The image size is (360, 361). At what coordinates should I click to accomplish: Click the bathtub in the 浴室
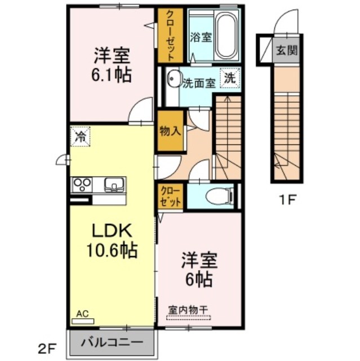point(226,36)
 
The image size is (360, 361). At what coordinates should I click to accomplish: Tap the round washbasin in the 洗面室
point(174,78)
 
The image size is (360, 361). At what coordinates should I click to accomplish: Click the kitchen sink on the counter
point(114,184)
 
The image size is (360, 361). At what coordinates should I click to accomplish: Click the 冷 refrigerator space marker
point(80,136)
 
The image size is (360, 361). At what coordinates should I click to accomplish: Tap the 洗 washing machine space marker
point(230,78)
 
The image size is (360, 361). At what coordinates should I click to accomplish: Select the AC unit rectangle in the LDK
point(83,321)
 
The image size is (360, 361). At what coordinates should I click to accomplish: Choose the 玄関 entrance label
point(287,50)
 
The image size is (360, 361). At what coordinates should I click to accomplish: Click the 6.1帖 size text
point(111,74)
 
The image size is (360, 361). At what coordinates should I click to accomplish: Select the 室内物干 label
point(188,310)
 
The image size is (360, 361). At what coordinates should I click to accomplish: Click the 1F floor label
point(287,200)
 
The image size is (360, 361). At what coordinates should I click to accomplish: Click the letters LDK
point(112,231)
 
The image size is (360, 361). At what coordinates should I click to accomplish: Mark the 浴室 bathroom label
point(201,37)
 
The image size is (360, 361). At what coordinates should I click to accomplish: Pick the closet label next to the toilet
point(170,196)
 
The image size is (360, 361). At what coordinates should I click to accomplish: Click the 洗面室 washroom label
point(199,83)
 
